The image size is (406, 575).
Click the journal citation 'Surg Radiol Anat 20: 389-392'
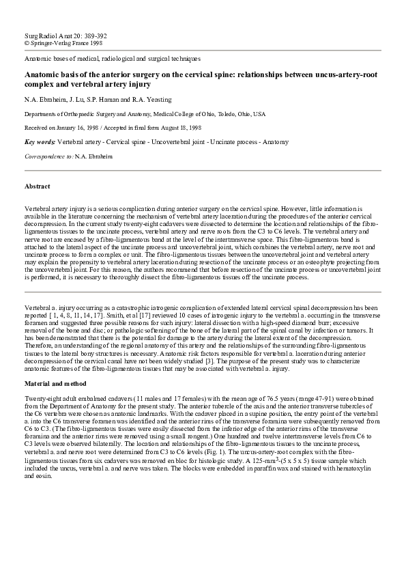coord(65,35)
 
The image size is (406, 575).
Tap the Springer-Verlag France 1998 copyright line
coord(63,42)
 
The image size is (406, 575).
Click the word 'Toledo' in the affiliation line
coord(224,114)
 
